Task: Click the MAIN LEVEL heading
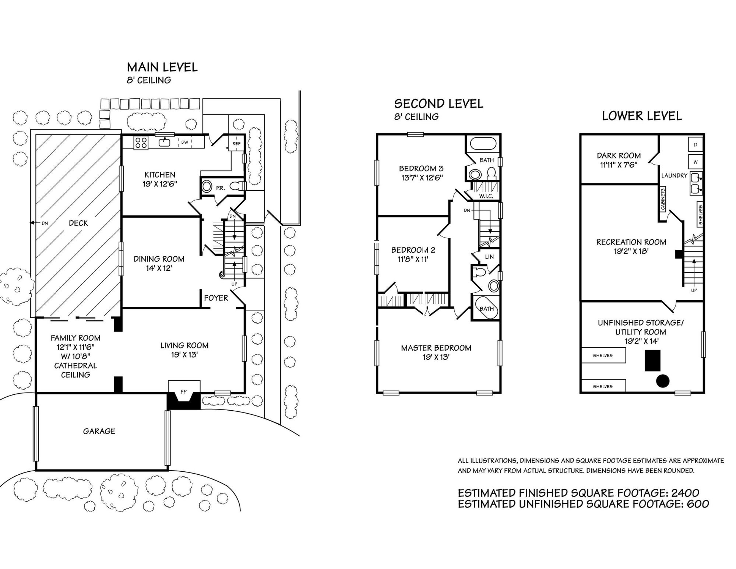point(162,67)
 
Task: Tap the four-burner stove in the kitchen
point(141,143)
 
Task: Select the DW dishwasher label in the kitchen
point(184,143)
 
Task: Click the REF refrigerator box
point(236,144)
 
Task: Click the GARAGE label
point(99,431)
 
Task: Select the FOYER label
point(216,298)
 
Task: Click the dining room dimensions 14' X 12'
point(159,268)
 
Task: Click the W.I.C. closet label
point(486,196)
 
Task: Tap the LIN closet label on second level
point(489,257)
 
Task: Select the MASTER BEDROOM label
point(436,348)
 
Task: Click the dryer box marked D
point(695,145)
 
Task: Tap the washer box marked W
point(695,162)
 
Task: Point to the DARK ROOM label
point(619,155)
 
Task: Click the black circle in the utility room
point(663,381)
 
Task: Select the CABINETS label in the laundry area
point(663,199)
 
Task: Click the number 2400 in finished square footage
point(685,493)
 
